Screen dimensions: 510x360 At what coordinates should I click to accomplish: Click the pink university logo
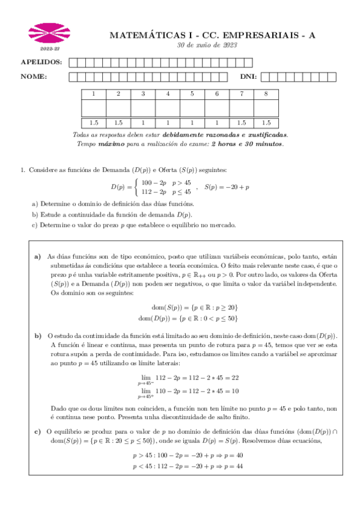pyautogui.click(x=46, y=34)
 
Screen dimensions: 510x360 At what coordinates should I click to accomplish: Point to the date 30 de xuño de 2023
pyautogui.click(x=207, y=45)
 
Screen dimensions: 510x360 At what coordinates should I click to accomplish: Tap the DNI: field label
pyautogui.click(x=248, y=76)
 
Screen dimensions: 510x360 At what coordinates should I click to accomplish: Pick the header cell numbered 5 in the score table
pyautogui.click(x=192, y=94)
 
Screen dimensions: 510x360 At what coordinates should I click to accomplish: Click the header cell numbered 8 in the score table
pyautogui.click(x=266, y=94)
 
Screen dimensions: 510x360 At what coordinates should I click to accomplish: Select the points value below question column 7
pyautogui.click(x=241, y=122)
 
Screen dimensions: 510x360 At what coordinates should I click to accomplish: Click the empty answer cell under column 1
pyautogui.click(x=93, y=108)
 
